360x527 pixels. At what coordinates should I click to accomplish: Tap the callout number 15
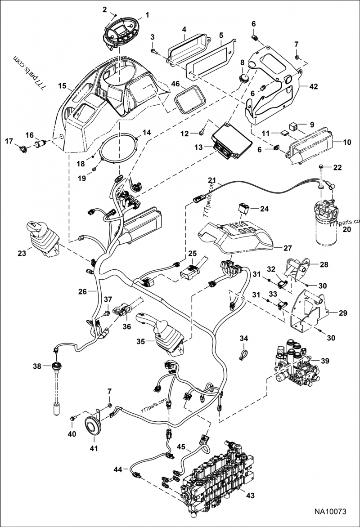coord(62,85)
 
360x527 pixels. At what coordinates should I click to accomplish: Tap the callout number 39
coord(324,361)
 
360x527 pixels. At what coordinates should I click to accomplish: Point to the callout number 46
coord(175,84)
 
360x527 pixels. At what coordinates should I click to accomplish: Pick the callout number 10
coord(346,143)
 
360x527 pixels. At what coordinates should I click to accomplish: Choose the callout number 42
coord(313,87)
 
